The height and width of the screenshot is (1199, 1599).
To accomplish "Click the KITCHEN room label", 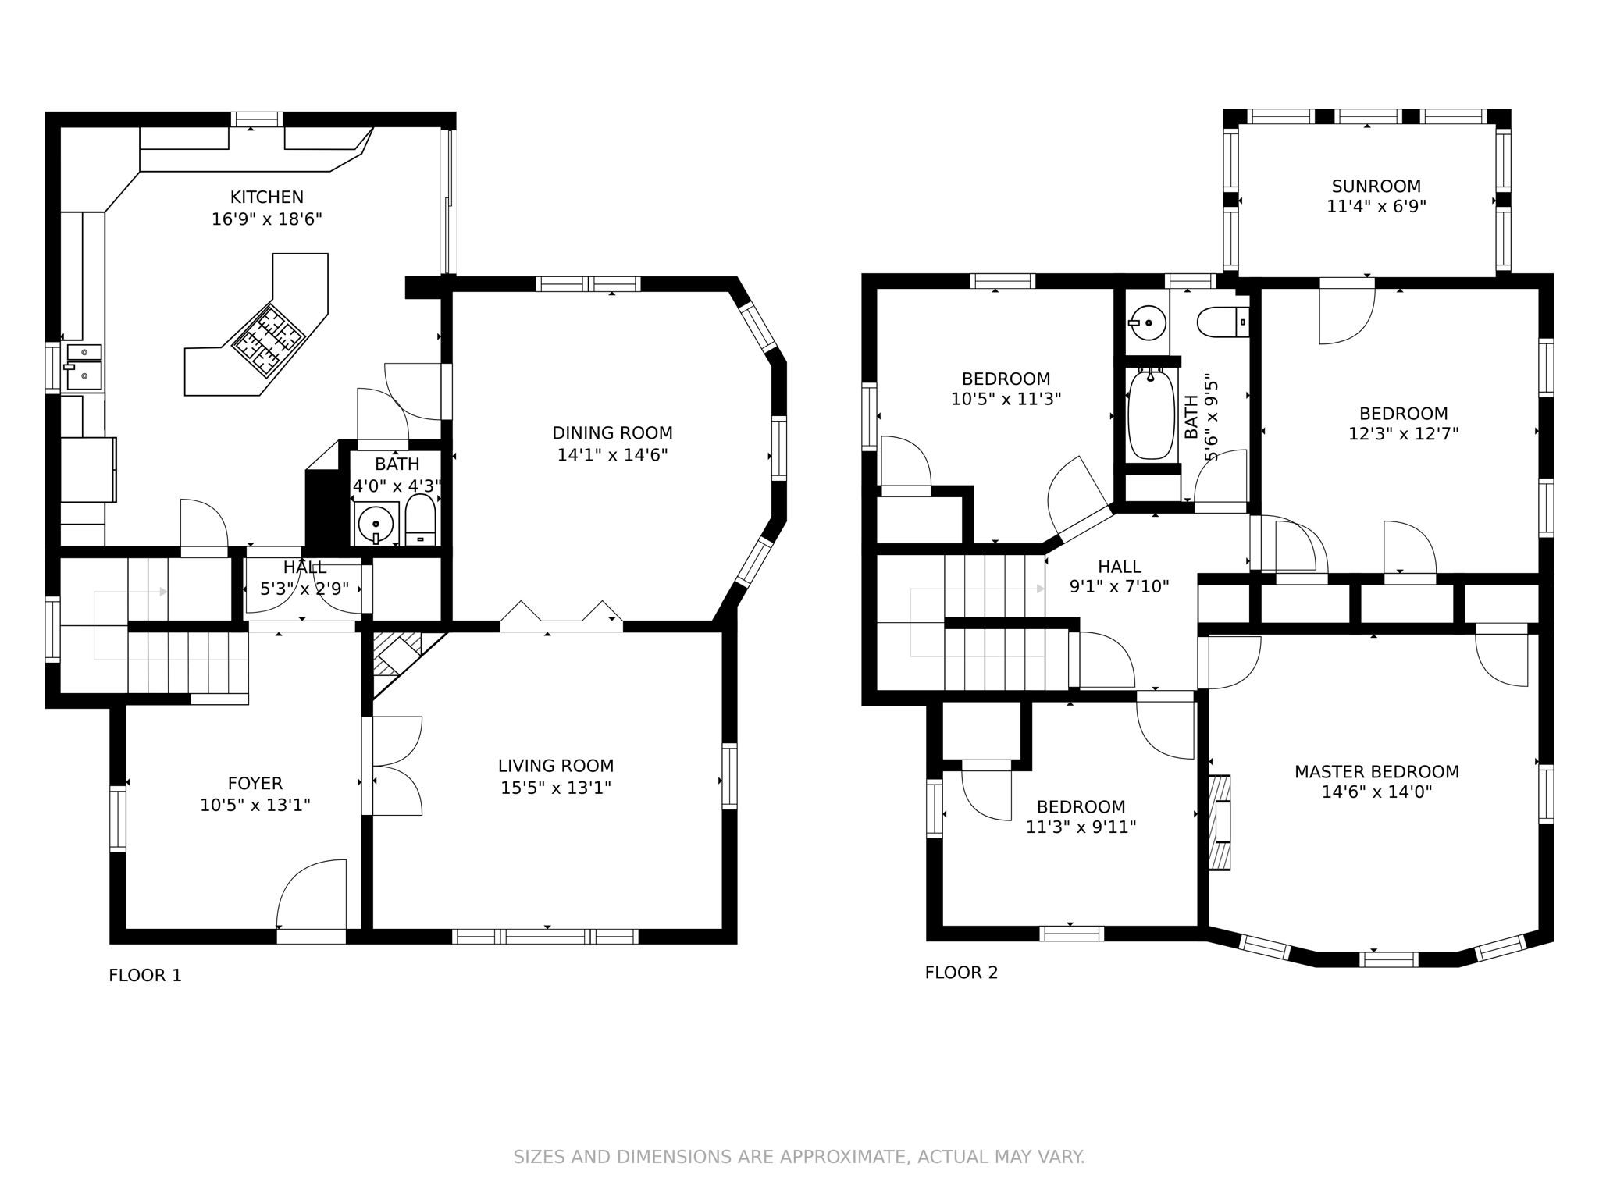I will click(266, 197).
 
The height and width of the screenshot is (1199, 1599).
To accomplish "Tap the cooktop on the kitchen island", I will click(268, 340).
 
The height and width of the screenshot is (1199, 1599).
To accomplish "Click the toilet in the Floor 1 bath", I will click(421, 519).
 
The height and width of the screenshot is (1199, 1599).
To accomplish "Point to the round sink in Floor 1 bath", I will click(376, 523).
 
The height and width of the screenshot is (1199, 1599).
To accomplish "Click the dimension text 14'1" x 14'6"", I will click(612, 454).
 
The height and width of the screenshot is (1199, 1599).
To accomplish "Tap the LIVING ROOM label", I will click(556, 766).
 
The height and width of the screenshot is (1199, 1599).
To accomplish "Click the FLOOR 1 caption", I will click(145, 975).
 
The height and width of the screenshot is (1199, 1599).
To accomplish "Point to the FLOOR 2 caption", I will click(961, 973).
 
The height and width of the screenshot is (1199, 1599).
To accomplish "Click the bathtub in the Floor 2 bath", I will click(1151, 414).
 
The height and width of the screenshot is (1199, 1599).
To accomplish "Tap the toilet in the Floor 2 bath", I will click(1222, 322).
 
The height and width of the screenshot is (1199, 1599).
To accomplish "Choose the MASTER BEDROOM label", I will click(1376, 772).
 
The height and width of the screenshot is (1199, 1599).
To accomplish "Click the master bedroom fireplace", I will click(1220, 821).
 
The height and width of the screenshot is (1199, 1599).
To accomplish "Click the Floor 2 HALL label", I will click(1119, 567).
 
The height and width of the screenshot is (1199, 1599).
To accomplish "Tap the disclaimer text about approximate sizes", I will click(799, 1157).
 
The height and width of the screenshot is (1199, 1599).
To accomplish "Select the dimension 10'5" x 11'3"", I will click(1006, 400).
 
